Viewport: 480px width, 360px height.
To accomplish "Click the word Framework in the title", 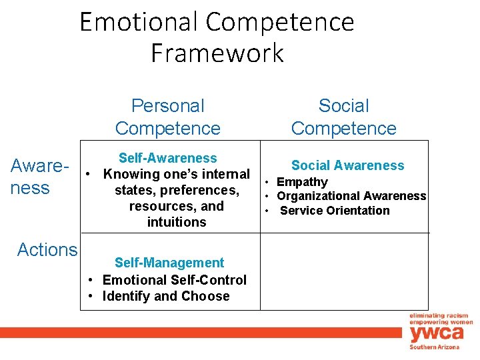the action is [x=217, y=52].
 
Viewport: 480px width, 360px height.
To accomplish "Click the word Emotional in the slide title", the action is [x=140, y=22].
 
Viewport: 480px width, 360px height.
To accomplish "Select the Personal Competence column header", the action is [x=167, y=117].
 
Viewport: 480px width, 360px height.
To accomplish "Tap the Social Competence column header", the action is [x=343, y=117].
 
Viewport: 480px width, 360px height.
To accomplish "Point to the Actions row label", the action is [x=47, y=249].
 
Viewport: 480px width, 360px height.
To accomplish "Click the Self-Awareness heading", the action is [x=167, y=158].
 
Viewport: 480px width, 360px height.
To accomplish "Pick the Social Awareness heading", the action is [x=347, y=165].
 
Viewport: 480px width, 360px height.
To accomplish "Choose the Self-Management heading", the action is [x=169, y=263].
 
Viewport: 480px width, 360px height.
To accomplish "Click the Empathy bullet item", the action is [x=302, y=182].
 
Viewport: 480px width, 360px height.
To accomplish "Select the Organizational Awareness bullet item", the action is [x=351, y=196].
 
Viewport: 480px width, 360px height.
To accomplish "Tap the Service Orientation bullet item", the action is [x=335, y=211].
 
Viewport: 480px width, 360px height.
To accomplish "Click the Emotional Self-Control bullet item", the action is [x=174, y=280].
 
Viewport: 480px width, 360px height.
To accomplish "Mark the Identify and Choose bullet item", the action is [x=165, y=296].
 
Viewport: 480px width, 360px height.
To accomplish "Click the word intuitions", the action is [x=177, y=222].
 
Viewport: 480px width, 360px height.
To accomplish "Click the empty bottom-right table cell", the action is [x=344, y=271].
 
